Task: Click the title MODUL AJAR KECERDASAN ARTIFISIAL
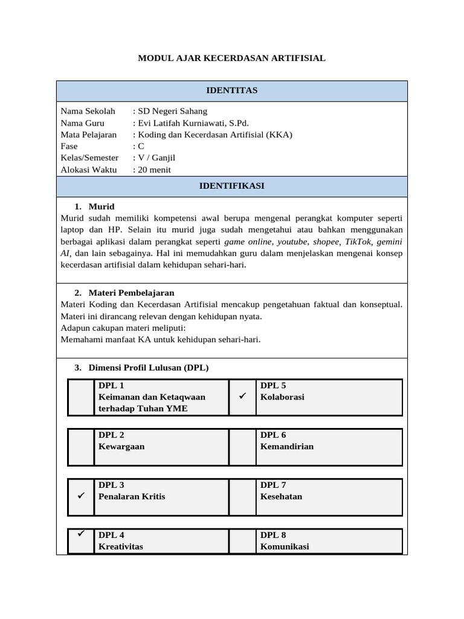pyautogui.click(x=231, y=58)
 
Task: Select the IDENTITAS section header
pyautogui.click(x=231, y=91)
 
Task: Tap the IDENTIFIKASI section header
pyautogui.click(x=231, y=186)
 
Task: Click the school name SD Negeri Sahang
pyautogui.click(x=172, y=111)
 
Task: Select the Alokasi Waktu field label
pyautogui.click(x=89, y=170)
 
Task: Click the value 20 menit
pyautogui.click(x=154, y=170)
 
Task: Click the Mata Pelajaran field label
pyautogui.click(x=89, y=135)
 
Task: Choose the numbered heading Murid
pyautogui.click(x=101, y=207)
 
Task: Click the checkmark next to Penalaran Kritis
pyautogui.click(x=81, y=496)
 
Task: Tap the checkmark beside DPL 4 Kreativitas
pyautogui.click(x=81, y=534)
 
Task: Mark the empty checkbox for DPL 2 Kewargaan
pyautogui.click(x=81, y=447)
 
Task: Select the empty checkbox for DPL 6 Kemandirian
pyautogui.click(x=243, y=447)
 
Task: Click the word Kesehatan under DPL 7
pyautogui.click(x=281, y=496)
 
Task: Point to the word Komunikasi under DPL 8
pyautogui.click(x=284, y=546)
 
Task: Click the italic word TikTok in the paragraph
pyautogui.click(x=357, y=241)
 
